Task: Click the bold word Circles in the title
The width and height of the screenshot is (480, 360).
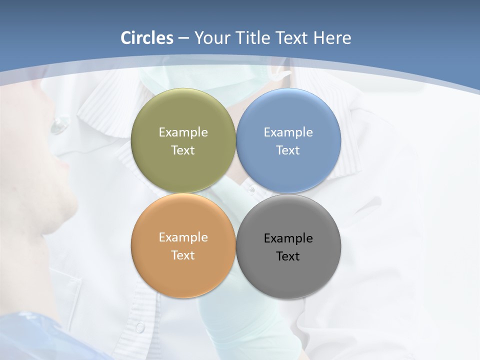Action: [147, 38]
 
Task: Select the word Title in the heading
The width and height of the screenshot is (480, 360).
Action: [253, 38]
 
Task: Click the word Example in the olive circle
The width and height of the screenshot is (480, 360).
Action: [183, 132]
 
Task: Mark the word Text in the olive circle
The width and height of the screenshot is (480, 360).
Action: [183, 150]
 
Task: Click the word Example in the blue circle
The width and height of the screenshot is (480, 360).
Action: [288, 132]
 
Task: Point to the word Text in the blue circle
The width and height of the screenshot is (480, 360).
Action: [288, 150]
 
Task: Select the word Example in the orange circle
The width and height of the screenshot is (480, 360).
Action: [183, 237]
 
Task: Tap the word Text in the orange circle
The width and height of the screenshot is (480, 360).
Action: [183, 255]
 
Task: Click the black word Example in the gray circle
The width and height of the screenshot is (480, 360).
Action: [288, 238]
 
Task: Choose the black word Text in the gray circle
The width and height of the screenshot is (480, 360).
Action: [288, 256]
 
